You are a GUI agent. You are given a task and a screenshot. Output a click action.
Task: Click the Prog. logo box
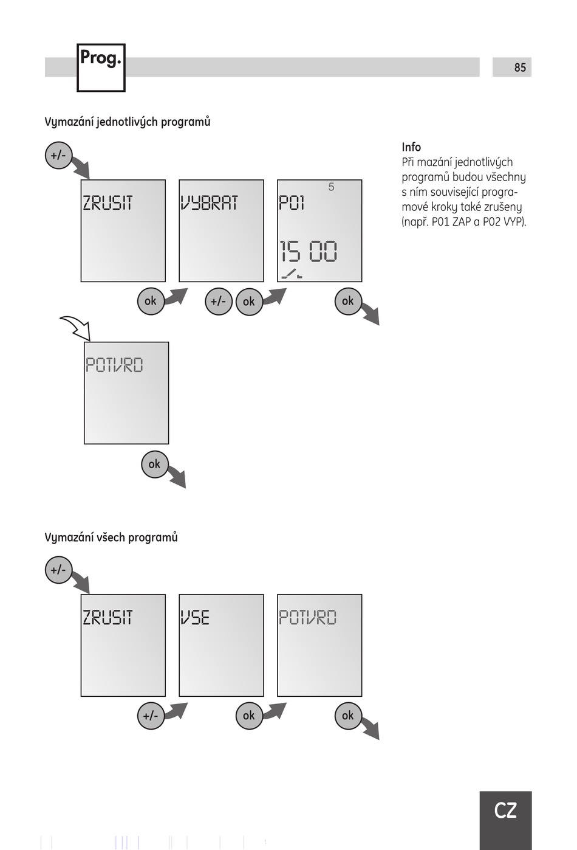click(x=101, y=67)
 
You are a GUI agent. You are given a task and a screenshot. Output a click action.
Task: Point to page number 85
click(x=520, y=67)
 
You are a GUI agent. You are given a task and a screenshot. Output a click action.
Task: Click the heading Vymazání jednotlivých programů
click(x=128, y=122)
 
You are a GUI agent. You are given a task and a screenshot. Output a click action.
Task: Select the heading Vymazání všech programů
click(x=111, y=537)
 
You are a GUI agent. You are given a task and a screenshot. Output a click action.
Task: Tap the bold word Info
click(x=411, y=147)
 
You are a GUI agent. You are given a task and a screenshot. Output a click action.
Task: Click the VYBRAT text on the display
click(x=209, y=203)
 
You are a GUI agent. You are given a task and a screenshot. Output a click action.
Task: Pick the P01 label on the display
click(x=292, y=203)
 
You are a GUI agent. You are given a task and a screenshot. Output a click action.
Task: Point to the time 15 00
click(x=308, y=251)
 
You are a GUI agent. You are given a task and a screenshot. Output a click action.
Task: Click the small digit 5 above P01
click(x=331, y=187)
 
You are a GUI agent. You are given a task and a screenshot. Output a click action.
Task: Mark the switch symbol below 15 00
click(x=292, y=274)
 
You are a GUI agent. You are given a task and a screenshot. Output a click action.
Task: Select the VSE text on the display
click(x=195, y=618)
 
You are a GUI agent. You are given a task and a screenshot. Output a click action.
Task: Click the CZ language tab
click(x=505, y=810)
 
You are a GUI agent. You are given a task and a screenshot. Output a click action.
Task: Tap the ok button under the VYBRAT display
click(x=249, y=302)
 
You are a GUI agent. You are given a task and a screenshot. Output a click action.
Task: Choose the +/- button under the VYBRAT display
click(x=218, y=302)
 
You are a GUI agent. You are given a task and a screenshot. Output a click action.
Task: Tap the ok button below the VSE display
click(x=249, y=716)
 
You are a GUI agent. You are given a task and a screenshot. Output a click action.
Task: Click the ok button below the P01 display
click(x=348, y=301)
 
